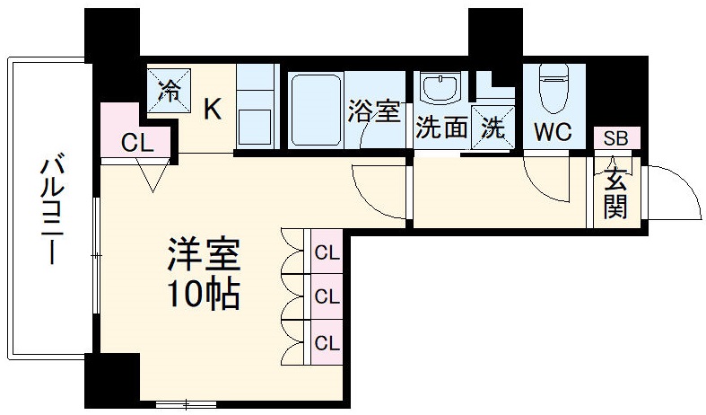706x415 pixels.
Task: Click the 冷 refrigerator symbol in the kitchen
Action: coord(168,91)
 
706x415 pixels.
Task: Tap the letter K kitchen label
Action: coord(212,109)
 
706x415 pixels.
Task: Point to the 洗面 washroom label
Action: coord(441,128)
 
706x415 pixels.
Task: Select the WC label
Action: coord(553,132)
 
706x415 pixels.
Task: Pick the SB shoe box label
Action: coord(615,138)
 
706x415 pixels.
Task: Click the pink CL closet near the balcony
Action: coord(137,141)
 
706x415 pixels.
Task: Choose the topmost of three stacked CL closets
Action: coord(327,253)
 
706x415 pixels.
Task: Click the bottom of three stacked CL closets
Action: coord(327,342)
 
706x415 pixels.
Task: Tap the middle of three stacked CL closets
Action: coord(327,297)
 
